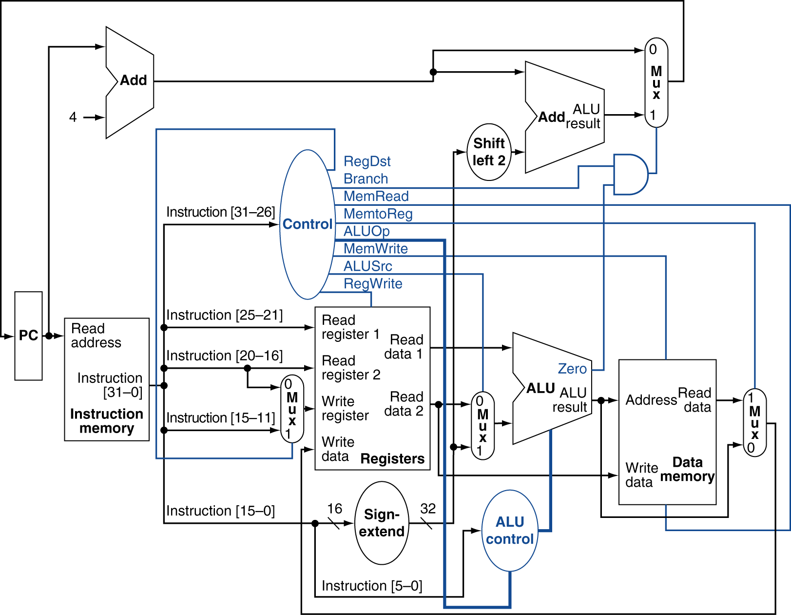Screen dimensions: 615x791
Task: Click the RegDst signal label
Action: pos(367,161)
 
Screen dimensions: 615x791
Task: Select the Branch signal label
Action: pos(366,179)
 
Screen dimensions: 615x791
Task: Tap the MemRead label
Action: pos(376,197)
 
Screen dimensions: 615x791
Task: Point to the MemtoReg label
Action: pos(378,214)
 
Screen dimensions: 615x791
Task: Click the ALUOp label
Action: pos(367,232)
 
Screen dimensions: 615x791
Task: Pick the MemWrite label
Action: pos(375,249)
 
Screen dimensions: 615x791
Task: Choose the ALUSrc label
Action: pos(367,266)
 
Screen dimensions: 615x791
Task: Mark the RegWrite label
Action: pos(373,284)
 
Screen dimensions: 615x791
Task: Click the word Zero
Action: pos(572,369)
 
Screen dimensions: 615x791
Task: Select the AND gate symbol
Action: pos(630,174)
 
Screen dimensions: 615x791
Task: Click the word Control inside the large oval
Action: pos(307,224)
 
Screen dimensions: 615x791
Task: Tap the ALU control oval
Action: pos(510,556)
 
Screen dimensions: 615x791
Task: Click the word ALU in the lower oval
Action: pos(510,522)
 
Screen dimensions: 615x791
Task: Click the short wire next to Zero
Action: pos(598,370)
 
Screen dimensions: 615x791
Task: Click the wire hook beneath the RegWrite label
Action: pos(371,299)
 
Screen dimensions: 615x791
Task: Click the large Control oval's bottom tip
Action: pos(308,299)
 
